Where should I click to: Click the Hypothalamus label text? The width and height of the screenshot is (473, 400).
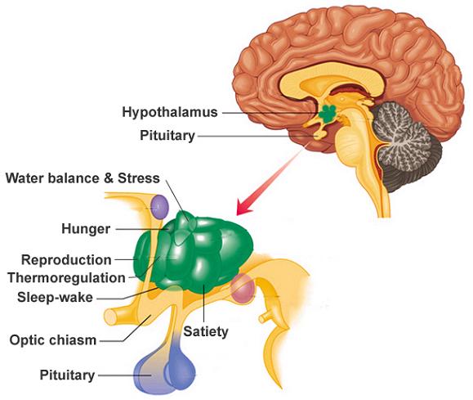[x=170, y=112]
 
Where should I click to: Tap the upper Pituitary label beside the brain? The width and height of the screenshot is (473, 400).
[x=167, y=135]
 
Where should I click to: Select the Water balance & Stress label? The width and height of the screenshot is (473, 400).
[x=83, y=178]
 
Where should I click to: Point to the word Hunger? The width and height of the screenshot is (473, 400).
[x=86, y=229]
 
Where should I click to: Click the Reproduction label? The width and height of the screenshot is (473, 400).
[x=66, y=260]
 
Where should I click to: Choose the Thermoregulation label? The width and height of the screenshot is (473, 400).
[x=66, y=278]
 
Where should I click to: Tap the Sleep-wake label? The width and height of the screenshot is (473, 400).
[x=55, y=298]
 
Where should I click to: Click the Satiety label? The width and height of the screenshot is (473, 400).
[x=206, y=332]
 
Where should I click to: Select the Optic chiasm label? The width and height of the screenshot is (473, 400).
[x=53, y=340]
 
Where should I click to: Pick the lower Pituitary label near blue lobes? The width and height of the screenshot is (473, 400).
[x=67, y=375]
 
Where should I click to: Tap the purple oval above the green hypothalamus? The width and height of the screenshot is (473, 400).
[x=159, y=207]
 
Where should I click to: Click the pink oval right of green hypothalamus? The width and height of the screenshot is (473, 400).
[x=243, y=289]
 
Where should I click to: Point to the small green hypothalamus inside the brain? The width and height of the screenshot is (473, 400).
[x=328, y=114]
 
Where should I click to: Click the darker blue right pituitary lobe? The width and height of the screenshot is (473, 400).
[x=180, y=366]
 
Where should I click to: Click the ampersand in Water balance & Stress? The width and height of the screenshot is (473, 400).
[x=109, y=178]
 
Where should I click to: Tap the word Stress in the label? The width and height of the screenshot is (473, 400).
[x=138, y=178]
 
